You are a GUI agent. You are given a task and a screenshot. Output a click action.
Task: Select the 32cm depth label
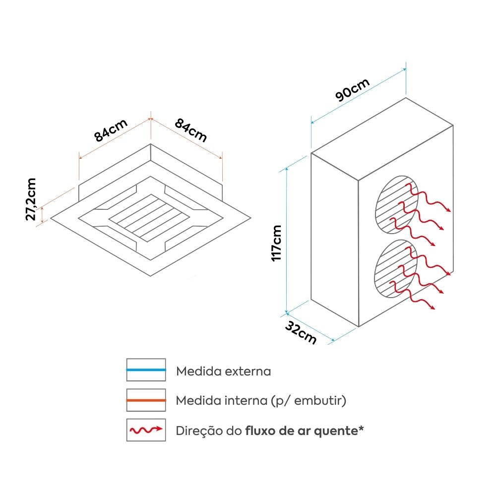[x=301, y=332]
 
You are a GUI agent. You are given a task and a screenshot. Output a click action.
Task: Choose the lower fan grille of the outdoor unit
[x=395, y=268]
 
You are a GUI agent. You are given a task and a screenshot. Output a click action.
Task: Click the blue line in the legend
[x=146, y=370]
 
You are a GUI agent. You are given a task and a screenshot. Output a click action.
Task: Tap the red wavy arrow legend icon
[x=146, y=430]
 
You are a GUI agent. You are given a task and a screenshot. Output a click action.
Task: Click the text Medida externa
[x=224, y=371]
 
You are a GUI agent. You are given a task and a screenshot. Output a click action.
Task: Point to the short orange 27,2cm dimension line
[x=43, y=214]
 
